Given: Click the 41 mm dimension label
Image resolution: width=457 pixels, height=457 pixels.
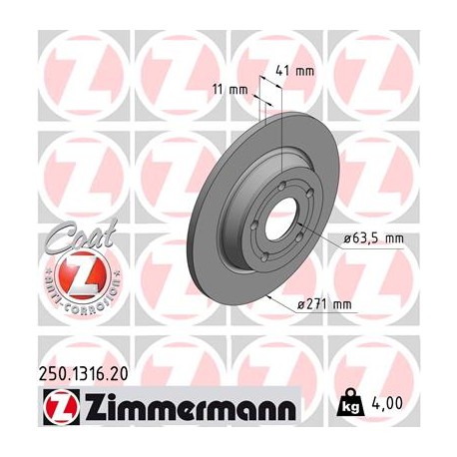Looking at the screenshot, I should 298,72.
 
